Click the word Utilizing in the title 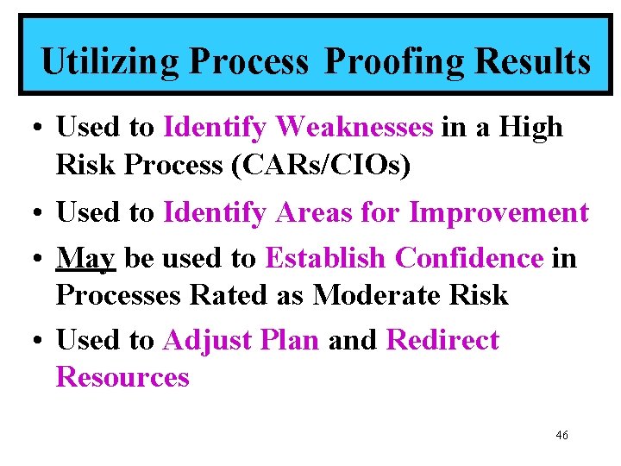(x=110, y=62)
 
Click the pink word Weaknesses (x=355, y=128)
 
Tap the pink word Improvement (x=499, y=212)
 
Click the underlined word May (x=85, y=258)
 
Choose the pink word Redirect (x=442, y=340)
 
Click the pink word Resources (x=122, y=377)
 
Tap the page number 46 (x=561, y=436)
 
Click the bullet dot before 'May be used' (x=35, y=259)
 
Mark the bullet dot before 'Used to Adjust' (x=35, y=341)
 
